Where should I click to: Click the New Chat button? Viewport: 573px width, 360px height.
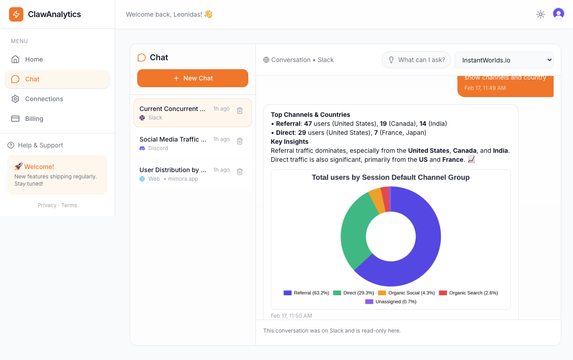pyautogui.click(x=192, y=78)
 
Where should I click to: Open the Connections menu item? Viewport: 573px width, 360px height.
pyautogui.click(x=44, y=99)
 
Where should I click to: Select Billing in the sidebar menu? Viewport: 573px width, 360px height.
pyautogui.click(x=34, y=119)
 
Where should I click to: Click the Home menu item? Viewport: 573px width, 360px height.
pyautogui.click(x=34, y=59)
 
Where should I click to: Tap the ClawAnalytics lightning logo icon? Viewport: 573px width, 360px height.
pyautogui.click(x=16, y=14)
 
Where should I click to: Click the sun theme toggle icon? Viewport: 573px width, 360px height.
pyautogui.click(x=541, y=14)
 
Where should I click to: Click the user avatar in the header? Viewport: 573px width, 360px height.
pyautogui.click(x=559, y=14)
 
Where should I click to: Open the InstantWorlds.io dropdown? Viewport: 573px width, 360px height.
pyautogui.click(x=504, y=60)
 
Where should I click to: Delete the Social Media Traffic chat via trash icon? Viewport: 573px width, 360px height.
pyautogui.click(x=240, y=141)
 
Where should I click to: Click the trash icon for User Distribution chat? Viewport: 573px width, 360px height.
pyautogui.click(x=240, y=172)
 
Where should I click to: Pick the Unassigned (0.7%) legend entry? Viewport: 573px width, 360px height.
pyautogui.click(x=391, y=302)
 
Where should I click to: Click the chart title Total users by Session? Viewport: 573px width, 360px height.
pyautogui.click(x=390, y=178)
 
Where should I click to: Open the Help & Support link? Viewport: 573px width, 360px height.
pyautogui.click(x=40, y=145)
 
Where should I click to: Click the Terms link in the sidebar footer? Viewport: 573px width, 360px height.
pyautogui.click(x=69, y=205)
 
